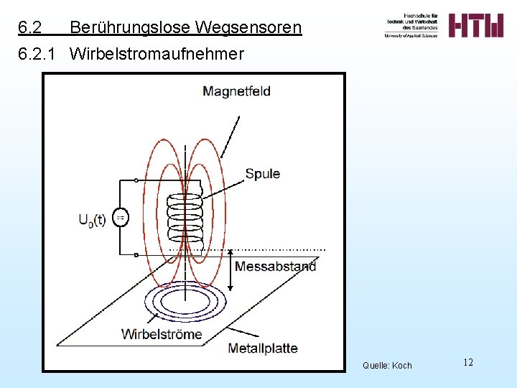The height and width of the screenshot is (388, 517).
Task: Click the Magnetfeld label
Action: (x=236, y=91)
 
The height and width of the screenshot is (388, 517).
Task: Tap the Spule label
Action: (x=263, y=174)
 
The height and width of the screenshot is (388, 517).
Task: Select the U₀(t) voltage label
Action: (x=92, y=220)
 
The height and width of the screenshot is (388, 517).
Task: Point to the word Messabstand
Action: (x=275, y=267)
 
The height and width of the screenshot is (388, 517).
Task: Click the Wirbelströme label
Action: (x=162, y=333)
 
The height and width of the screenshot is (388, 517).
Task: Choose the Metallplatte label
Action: (x=262, y=348)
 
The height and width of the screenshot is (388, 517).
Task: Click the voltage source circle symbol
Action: (x=121, y=218)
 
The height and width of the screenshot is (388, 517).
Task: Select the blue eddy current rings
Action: (x=185, y=302)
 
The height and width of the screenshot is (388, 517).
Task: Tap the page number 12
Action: (x=467, y=362)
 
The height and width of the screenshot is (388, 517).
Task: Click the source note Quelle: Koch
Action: (x=387, y=366)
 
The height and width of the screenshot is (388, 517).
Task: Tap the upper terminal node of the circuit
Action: (x=136, y=180)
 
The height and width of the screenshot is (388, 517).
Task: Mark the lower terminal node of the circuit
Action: (x=136, y=254)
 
